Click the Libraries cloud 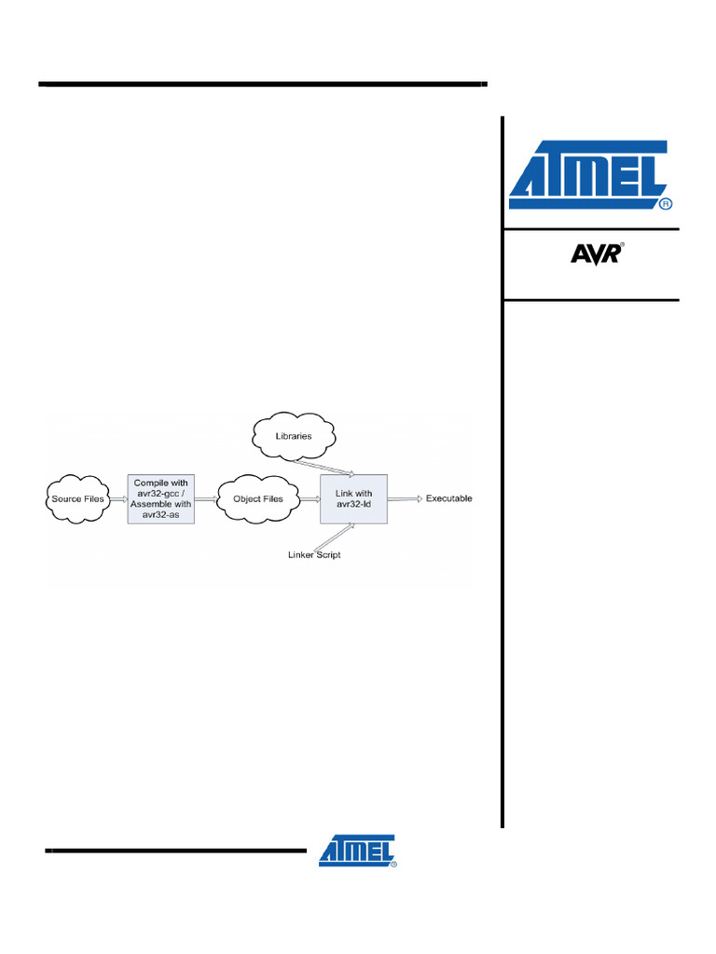click(294, 436)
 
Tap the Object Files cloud click(258, 498)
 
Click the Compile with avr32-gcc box click(160, 498)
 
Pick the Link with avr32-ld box click(353, 498)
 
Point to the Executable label click(448, 498)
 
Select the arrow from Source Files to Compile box click(118, 498)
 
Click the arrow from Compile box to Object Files click(205, 498)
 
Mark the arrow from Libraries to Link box click(322, 467)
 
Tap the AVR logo click(595, 252)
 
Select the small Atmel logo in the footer click(357, 850)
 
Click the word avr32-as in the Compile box click(160, 513)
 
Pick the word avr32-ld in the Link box click(353, 505)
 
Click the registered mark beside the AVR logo click(622, 245)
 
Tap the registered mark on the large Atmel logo click(665, 202)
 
